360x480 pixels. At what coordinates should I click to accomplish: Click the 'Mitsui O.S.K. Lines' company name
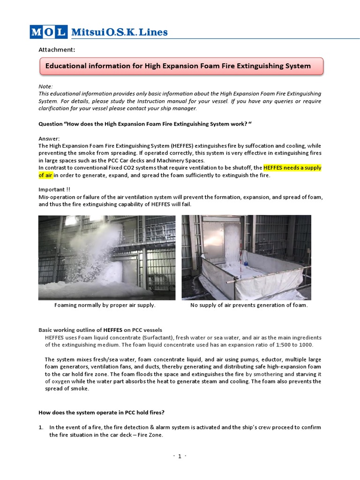(x=119, y=32)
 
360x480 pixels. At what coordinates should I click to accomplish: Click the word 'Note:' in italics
(x=45, y=86)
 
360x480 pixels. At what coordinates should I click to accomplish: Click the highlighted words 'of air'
(x=46, y=175)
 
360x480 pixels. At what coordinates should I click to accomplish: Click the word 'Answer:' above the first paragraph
(x=49, y=138)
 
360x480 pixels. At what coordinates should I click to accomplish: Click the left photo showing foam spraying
(x=107, y=257)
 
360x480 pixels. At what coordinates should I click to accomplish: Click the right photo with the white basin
(x=246, y=257)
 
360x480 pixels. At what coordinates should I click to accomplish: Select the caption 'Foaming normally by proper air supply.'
(x=105, y=305)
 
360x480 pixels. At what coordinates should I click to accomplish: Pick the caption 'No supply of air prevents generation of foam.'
(x=249, y=305)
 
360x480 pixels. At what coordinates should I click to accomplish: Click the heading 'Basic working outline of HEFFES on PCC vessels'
(x=100, y=330)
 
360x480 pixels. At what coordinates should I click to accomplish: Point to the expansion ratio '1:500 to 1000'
(x=290, y=345)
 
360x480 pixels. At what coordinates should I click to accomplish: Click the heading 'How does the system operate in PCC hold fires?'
(x=101, y=412)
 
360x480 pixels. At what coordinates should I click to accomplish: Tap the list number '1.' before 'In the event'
(x=41, y=427)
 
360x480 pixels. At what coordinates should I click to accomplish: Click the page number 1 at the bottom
(x=180, y=457)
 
